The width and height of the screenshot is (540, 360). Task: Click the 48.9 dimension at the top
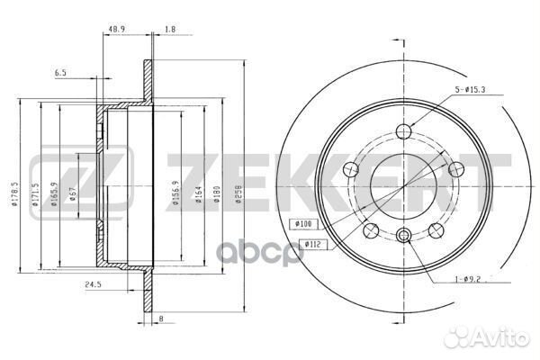click(115, 30)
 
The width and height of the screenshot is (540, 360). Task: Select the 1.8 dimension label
click(169, 30)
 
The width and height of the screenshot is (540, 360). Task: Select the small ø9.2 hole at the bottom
click(403, 236)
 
